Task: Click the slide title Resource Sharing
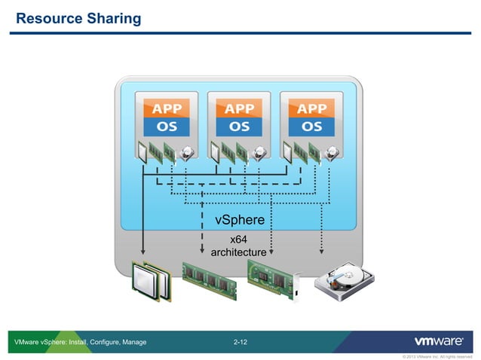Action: pos(78,18)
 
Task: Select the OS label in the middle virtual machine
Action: pos(239,126)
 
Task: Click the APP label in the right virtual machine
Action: pos(311,108)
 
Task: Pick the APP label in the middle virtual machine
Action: pos(239,108)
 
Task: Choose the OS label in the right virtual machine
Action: pos(311,126)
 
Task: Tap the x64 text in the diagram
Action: pos(240,239)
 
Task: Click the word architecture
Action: pos(238,252)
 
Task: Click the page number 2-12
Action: pos(240,343)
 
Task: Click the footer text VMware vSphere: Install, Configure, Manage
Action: pos(81,343)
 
